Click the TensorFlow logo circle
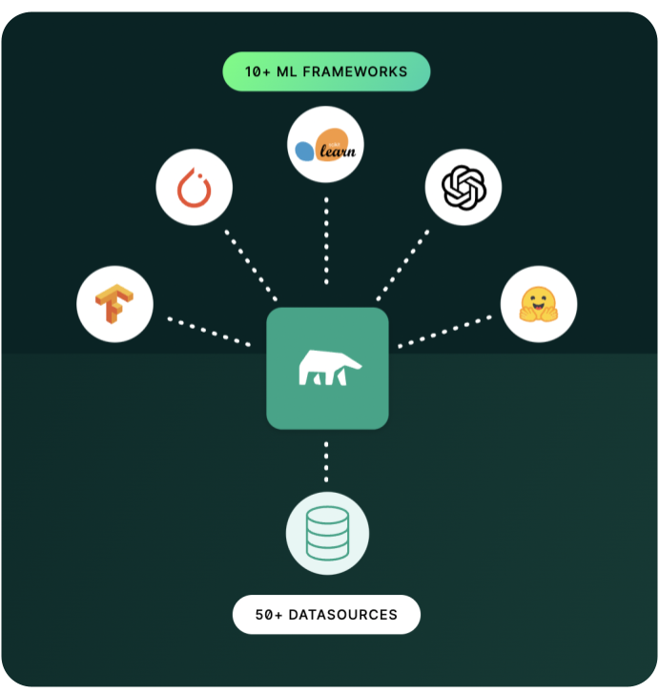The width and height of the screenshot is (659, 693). click(115, 305)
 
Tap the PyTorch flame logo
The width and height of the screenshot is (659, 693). click(195, 187)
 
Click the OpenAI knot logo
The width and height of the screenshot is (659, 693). click(463, 186)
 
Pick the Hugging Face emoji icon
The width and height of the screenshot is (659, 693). click(539, 304)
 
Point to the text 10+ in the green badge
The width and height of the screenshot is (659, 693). click(258, 71)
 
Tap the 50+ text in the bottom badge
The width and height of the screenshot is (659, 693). click(270, 615)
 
